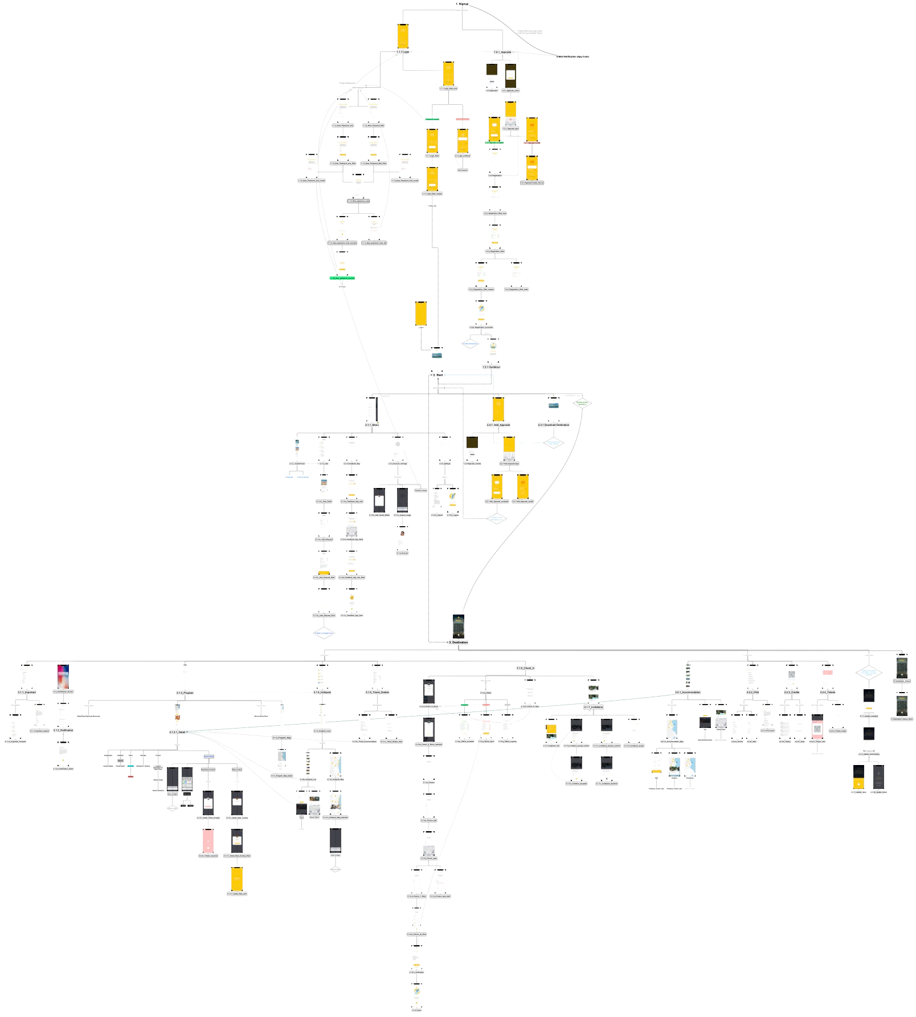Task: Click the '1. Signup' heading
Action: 462,4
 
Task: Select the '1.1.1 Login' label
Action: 403,52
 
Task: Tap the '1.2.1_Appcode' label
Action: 502,52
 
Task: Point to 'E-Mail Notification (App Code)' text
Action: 572,57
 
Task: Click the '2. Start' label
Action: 437,375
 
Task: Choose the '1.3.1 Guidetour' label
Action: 491,367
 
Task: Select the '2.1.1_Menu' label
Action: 371,425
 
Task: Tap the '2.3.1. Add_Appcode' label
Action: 498,425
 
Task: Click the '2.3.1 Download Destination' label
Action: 553,425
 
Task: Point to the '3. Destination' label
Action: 458,642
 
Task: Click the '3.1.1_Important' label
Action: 27,692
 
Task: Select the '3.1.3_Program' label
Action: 185,693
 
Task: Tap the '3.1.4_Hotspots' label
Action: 322,692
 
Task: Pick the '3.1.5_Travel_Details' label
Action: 377,692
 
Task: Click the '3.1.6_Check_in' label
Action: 525,668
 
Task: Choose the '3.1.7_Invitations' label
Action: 593,707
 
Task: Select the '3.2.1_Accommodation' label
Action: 688,692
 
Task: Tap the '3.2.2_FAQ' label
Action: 753,692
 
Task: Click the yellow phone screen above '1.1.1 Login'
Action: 403,36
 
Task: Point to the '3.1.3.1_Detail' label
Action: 177,732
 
